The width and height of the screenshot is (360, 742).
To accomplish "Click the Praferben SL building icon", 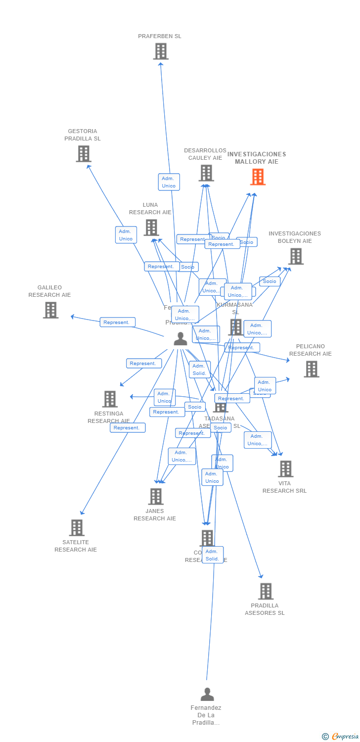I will coord(161,51).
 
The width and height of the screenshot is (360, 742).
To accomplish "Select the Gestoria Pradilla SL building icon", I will coord(84,154).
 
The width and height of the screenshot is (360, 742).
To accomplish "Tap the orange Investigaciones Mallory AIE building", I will coord(258,177).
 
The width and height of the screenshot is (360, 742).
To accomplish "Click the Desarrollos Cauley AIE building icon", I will coord(206,173).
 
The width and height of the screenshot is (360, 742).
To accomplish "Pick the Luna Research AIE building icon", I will coord(151,228).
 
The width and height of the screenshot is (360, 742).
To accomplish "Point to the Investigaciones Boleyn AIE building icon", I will coord(296,256).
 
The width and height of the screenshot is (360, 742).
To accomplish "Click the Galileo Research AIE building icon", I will coord(50,310).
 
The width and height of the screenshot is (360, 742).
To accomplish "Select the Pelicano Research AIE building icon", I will coord(312,369).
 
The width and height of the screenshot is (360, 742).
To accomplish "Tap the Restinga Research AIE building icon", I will coord(110,399).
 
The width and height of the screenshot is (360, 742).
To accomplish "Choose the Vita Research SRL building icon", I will coord(285,469).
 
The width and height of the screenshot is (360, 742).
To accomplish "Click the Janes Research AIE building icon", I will coord(156,497).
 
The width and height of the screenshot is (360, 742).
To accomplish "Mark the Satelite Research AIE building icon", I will coord(77,528).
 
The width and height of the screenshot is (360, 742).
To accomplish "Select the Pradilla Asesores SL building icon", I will coord(266,591).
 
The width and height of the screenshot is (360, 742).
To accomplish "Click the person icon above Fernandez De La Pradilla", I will coord(207,695).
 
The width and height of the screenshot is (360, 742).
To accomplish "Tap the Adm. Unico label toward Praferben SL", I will coord(169,182).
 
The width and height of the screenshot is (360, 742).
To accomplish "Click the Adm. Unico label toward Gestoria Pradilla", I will coord(126,235).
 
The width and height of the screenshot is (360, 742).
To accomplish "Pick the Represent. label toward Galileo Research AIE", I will coord(117,323).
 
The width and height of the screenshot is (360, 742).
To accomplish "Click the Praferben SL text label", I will coord(159,36).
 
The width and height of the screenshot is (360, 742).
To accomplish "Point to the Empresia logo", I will coord(341,737).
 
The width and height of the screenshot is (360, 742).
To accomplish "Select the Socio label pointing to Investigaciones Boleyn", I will coord(270,281).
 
